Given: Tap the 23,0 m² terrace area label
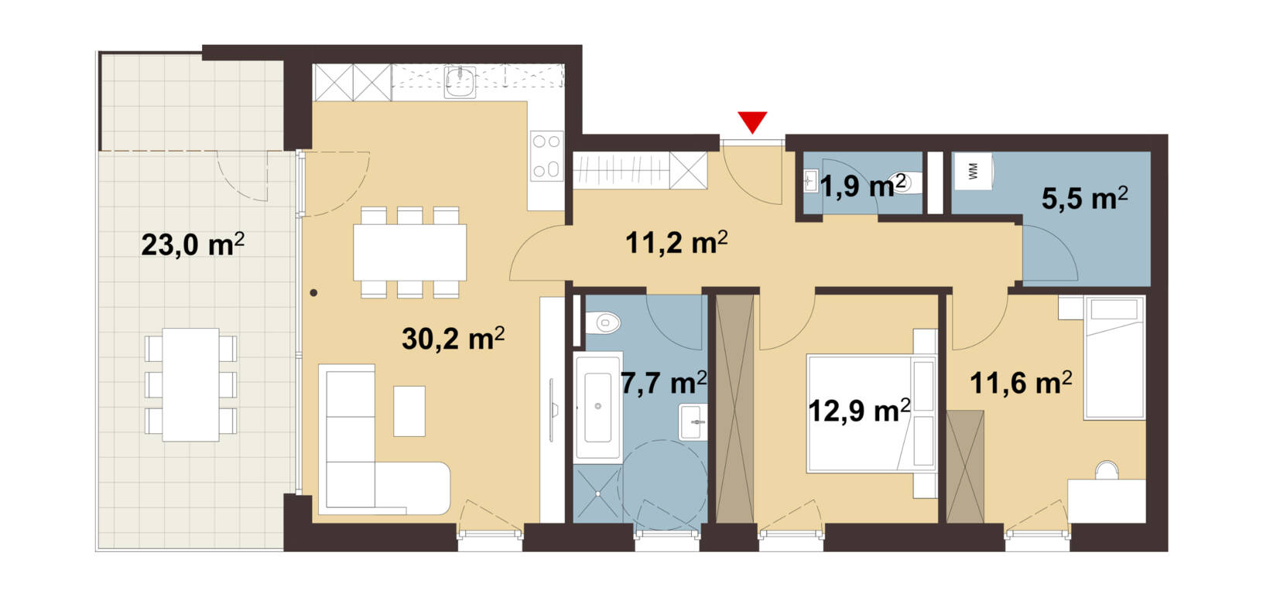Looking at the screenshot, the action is point(193,245).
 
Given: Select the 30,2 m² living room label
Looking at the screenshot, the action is point(454,339).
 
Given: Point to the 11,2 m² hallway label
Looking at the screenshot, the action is point(676,243).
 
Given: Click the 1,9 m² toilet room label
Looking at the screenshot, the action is point(863,186).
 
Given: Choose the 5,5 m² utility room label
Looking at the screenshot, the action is point(1085,198).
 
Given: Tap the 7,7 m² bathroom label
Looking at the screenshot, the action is point(664,383).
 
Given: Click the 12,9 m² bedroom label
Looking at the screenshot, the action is point(859,411).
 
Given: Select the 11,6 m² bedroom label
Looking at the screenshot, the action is point(1021,383).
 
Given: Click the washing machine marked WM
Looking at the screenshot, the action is point(974,171).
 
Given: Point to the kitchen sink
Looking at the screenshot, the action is point(460,82).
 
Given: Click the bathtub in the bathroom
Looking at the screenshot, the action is point(598,408).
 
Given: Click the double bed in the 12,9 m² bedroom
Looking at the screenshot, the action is point(871,414).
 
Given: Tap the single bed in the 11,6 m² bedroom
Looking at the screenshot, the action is point(1114,357).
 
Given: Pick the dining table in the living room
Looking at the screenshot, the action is point(410,252).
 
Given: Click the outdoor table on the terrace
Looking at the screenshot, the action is point(190,385).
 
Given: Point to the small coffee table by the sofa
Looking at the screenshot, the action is point(409,411).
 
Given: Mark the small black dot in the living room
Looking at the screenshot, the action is point(313,293).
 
